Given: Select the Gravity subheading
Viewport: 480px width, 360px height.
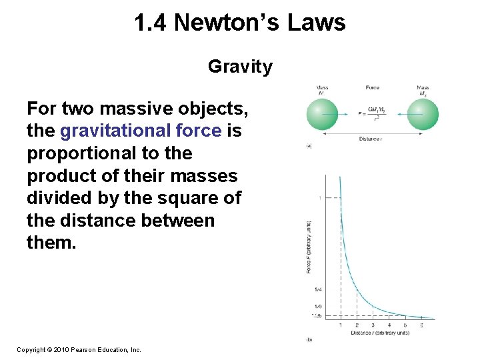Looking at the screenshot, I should pyautogui.click(x=240, y=67).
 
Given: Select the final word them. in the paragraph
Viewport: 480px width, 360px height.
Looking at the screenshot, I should pyautogui.click(x=52, y=243).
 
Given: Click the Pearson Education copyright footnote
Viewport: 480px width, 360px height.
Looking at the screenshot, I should pyautogui.click(x=79, y=349).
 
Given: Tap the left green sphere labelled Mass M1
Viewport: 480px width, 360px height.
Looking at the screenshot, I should pyautogui.click(x=323, y=113).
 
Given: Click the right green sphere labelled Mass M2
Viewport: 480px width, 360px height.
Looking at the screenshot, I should pyautogui.click(x=423, y=113).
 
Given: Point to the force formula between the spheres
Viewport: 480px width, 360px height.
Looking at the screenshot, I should pyautogui.click(x=372, y=114).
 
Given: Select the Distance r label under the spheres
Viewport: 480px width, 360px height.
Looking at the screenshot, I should pyautogui.click(x=372, y=139).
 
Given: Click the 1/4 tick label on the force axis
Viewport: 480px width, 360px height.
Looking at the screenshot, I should pyautogui.click(x=318, y=289).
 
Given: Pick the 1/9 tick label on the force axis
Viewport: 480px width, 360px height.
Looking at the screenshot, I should pyautogui.click(x=318, y=305).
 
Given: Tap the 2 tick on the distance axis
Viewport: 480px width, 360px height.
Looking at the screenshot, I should pyautogui.click(x=357, y=326).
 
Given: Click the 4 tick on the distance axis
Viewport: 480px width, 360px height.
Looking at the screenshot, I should pyautogui.click(x=389, y=326).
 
